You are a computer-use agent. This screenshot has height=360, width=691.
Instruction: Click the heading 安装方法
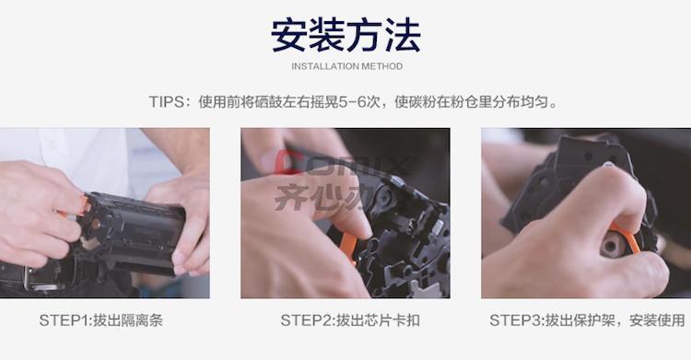point(345,36)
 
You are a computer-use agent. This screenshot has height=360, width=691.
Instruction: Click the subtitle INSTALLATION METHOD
point(346,66)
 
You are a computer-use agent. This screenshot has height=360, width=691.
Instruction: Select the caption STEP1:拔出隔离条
point(101,320)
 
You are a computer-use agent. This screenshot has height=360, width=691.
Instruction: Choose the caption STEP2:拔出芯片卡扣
point(350,320)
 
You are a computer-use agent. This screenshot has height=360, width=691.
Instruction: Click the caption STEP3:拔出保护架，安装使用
point(588,320)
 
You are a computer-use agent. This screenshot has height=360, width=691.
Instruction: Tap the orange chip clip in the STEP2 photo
point(348,248)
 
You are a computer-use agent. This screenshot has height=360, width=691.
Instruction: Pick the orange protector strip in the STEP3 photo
point(627,238)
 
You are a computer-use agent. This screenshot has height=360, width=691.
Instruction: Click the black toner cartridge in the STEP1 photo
point(132,234)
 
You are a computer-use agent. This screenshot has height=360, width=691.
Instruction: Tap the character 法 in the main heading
point(404,36)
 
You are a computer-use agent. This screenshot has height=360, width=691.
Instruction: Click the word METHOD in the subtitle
point(381,66)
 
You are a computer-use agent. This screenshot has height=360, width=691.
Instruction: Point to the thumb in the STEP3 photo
point(626,194)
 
